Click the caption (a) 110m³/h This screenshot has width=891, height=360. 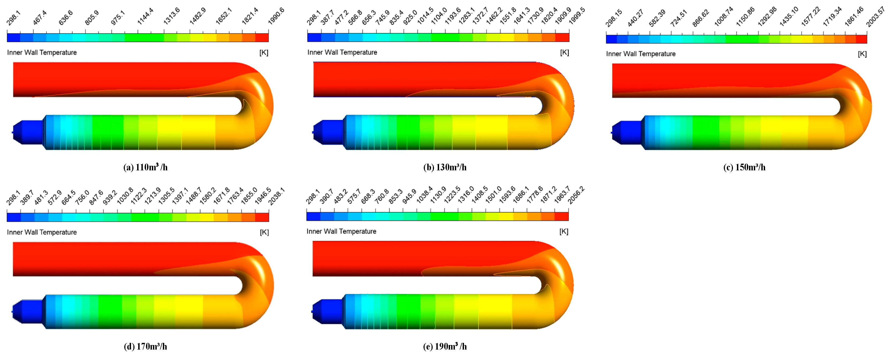pyautogui.click(x=145, y=167)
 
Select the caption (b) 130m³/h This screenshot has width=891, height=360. pyautogui.click(x=445, y=167)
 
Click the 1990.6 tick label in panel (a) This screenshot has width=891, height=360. pyautogui.click(x=276, y=16)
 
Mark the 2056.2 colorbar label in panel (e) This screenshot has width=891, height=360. pyautogui.click(x=576, y=195)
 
